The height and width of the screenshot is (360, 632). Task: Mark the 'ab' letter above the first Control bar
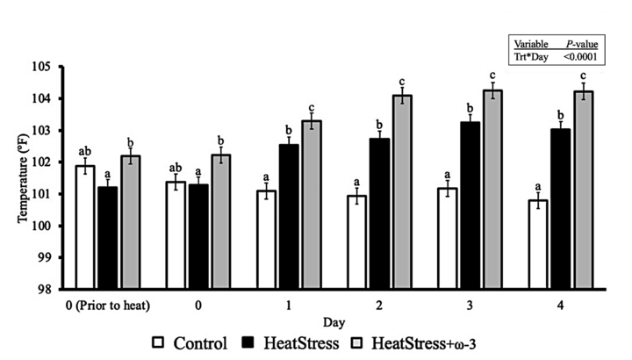pos(85,150)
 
